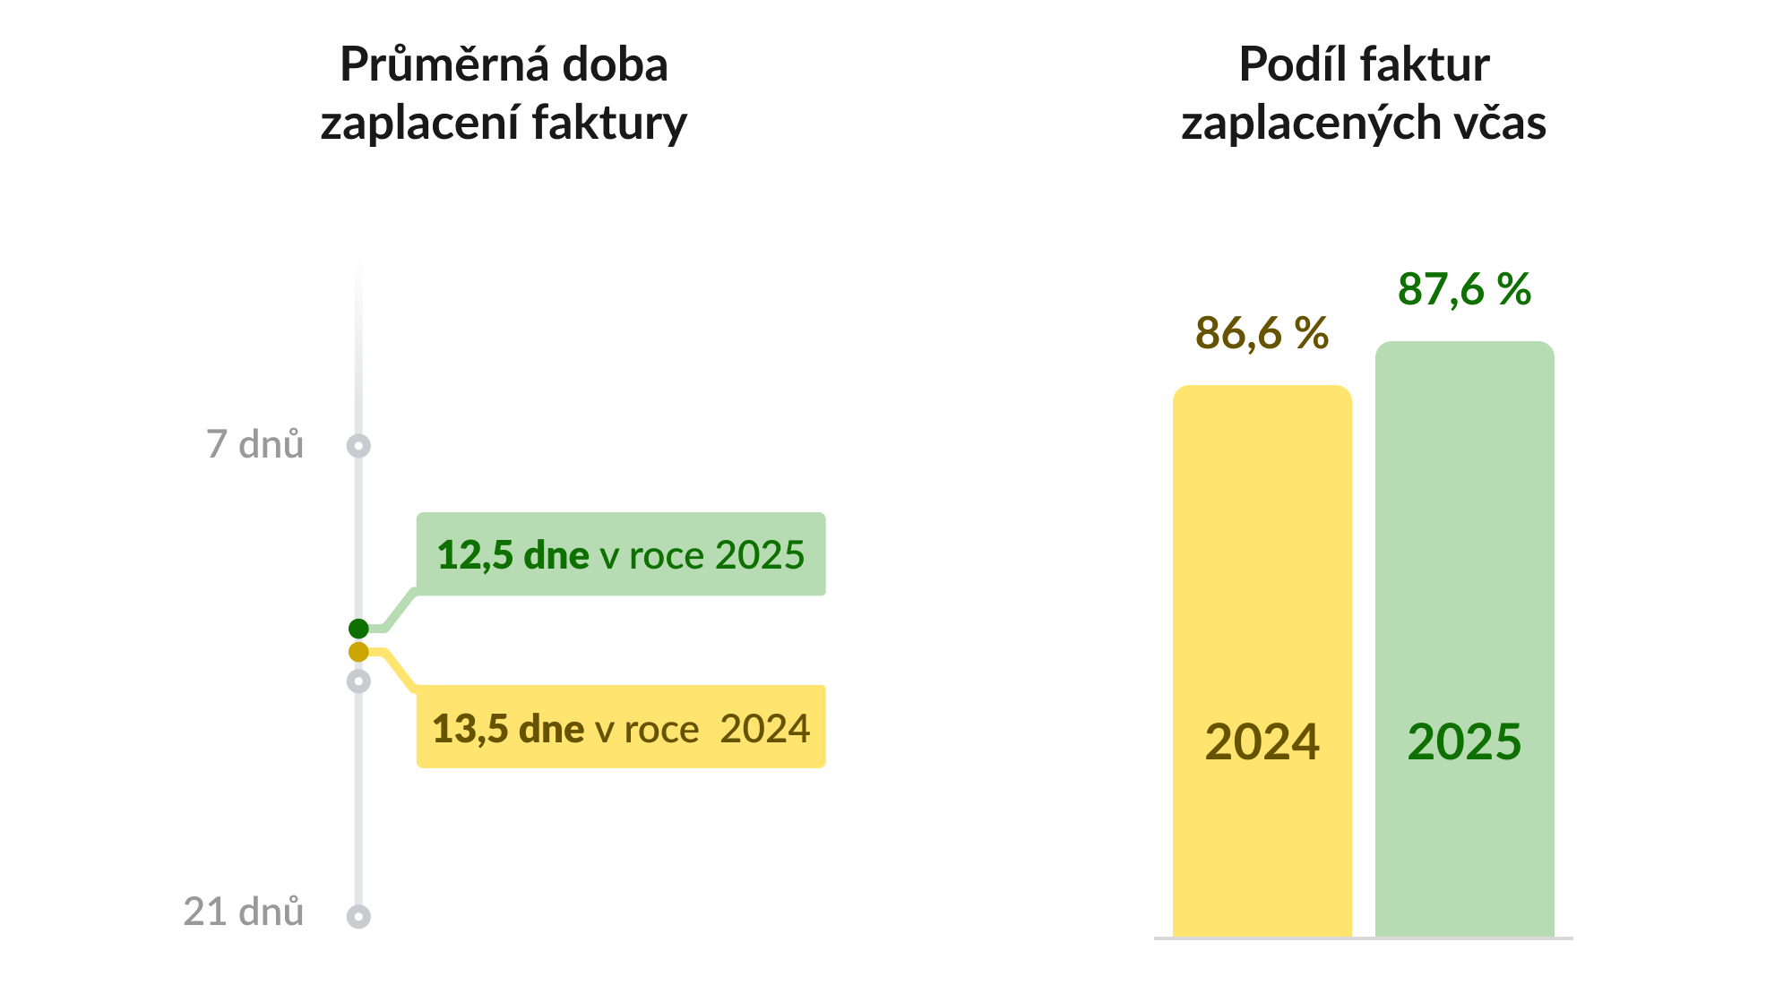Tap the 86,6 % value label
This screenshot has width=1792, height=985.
pos(1262,333)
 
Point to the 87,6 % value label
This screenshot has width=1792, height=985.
pos(1464,289)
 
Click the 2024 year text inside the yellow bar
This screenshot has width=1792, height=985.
pos(1262,741)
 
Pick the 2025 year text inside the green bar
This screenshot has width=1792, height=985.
pos(1464,741)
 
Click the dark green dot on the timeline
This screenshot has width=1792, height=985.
pos(358,629)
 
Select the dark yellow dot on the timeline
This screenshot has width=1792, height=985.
pos(358,652)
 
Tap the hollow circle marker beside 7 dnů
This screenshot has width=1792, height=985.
pos(358,445)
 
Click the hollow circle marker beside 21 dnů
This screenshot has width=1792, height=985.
pos(358,916)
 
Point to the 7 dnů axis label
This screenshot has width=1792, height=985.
pos(254,444)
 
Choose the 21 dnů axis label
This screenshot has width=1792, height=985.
pos(243,912)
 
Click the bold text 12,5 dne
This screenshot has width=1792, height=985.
pos(513,555)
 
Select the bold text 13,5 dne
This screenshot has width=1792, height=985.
pos(508,728)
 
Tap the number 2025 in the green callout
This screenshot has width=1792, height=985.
pos(760,555)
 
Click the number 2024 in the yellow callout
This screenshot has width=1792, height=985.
pos(764,728)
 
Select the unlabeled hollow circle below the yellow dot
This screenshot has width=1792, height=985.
pos(358,681)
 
